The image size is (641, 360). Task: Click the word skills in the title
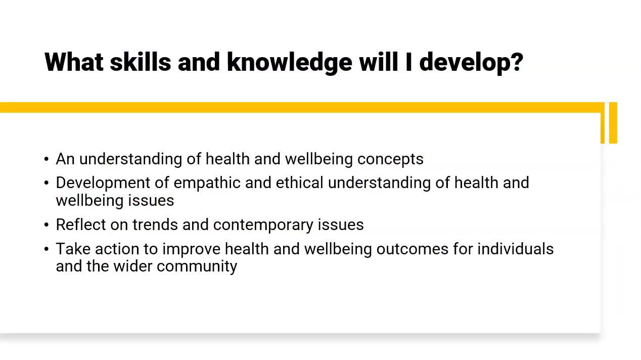pyautogui.click(x=140, y=62)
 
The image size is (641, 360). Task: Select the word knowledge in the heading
pyautogui.click(x=289, y=62)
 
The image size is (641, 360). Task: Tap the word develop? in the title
pyautogui.click(x=471, y=62)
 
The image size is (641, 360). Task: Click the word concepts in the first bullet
pyautogui.click(x=390, y=159)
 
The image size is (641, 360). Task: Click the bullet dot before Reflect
pyautogui.click(x=47, y=225)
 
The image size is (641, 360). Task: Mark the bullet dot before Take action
pyautogui.click(x=47, y=249)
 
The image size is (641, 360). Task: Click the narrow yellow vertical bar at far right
pyautogui.click(x=613, y=123)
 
